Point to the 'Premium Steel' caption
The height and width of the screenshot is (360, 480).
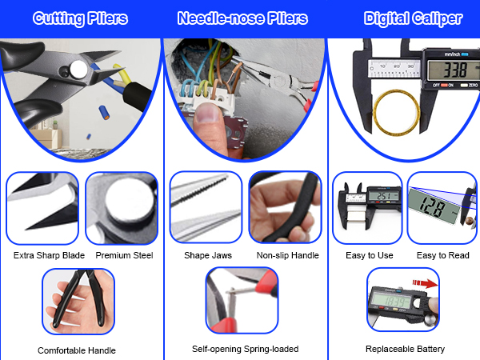[123, 256]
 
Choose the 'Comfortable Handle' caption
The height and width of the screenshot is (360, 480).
[77, 350]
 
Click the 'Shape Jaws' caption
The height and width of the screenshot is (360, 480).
[207, 256]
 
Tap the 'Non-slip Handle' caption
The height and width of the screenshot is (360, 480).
[288, 256]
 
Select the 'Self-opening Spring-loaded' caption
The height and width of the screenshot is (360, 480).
[245, 350]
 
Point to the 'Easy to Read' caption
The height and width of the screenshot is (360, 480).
[442, 256]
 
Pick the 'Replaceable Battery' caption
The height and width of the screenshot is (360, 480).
[405, 350]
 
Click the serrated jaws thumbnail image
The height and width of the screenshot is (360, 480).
[206, 208]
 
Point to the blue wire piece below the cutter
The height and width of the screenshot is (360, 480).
[104, 106]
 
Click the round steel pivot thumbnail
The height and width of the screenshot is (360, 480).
[122, 208]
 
